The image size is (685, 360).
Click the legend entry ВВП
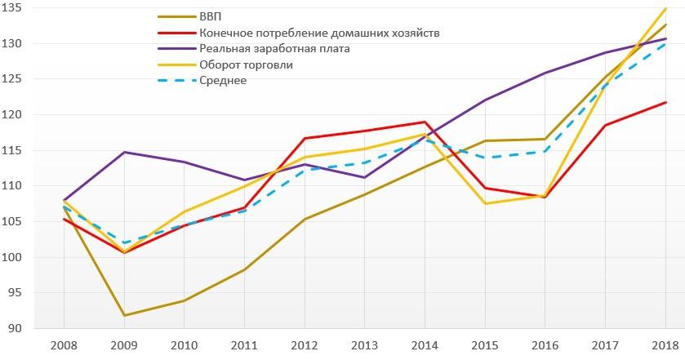(209, 16)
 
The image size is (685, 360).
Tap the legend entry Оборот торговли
(246, 64)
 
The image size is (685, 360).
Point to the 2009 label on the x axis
(125, 345)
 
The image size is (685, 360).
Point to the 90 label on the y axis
(22, 329)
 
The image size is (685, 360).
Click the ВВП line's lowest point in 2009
(125, 315)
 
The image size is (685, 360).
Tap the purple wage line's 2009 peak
(125, 152)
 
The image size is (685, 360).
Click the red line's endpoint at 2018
(666, 102)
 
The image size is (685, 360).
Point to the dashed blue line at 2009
(125, 243)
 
